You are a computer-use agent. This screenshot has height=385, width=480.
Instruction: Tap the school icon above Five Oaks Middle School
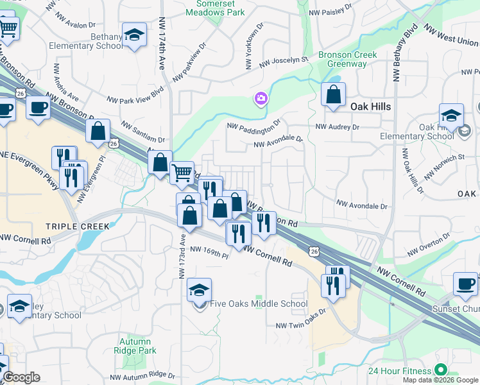point(200,289)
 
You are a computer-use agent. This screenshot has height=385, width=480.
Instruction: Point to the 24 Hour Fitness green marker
point(440,370)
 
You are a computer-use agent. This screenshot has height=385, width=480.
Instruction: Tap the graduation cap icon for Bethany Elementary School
point(135,36)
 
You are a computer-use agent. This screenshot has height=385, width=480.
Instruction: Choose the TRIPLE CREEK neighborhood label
point(78,227)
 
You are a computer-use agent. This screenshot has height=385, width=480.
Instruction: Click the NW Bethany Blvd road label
point(406,53)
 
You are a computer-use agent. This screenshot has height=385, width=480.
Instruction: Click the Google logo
point(21,377)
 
